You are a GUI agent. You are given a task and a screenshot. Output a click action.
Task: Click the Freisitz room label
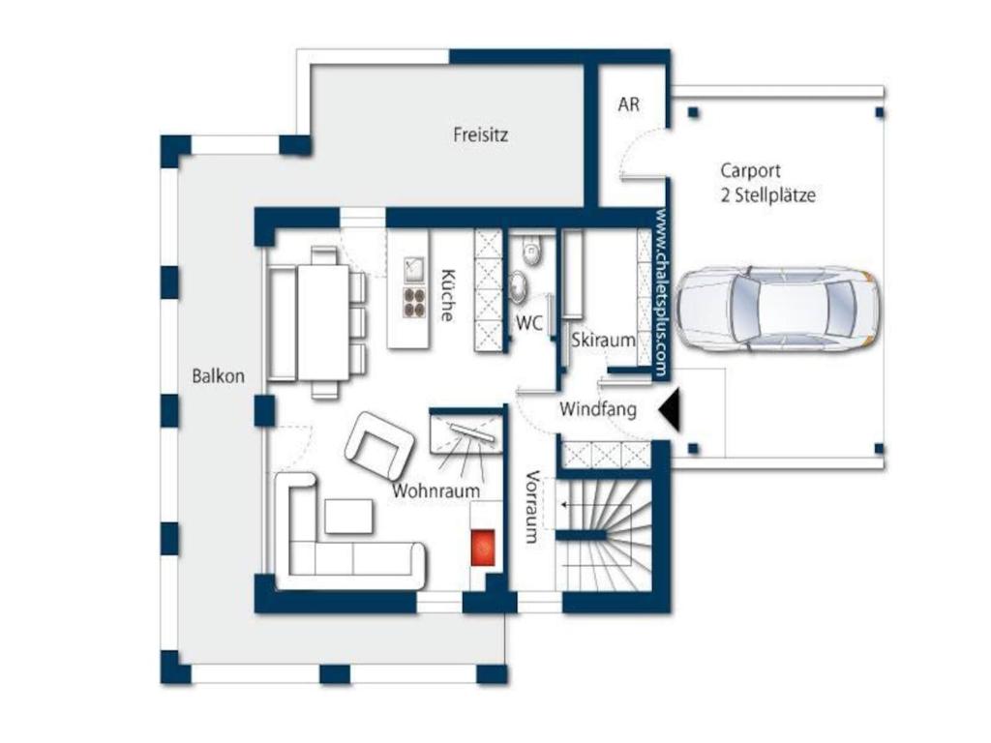point(480,134)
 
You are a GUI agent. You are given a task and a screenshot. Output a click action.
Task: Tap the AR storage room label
point(628,104)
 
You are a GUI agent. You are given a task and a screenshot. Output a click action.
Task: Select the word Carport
point(750,171)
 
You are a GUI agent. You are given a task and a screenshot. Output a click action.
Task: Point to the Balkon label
point(218,376)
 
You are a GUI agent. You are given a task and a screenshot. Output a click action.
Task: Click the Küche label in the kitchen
point(447,295)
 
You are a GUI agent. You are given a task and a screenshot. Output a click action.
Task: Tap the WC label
point(529,323)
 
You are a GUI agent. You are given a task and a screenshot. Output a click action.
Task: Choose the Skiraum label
point(603,340)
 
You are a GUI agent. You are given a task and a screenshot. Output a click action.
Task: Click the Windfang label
point(598,409)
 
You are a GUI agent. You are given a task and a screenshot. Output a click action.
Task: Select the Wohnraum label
point(436,490)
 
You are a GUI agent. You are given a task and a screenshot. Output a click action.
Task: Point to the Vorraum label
point(532,507)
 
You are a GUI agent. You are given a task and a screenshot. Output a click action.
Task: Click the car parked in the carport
point(777,309)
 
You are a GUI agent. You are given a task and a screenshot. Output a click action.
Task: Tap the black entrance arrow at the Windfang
point(670,409)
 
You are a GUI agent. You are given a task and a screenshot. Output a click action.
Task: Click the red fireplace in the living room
point(484,548)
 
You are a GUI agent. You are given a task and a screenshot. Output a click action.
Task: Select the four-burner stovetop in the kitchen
point(414,302)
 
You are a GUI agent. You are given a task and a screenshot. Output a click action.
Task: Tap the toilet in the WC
point(531,251)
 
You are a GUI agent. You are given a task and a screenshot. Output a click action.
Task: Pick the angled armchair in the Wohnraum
point(379,445)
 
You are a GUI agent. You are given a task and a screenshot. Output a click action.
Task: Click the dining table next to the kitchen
point(323,322)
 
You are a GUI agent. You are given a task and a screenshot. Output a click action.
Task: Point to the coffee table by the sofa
point(348,517)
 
